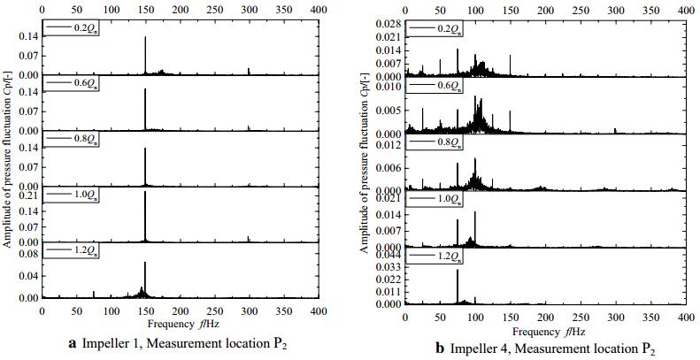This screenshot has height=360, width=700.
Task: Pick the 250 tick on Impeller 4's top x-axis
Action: tap(581, 5)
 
